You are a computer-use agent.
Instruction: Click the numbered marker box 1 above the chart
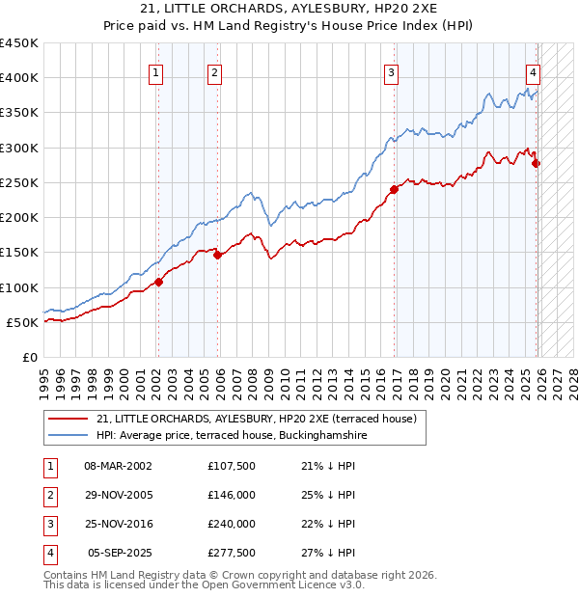tap(156, 71)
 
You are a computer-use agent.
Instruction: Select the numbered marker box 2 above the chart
tap(214, 71)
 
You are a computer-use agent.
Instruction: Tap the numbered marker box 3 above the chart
tap(391, 71)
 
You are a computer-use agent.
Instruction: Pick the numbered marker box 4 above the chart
tap(533, 71)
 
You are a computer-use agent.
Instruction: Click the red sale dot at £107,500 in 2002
tap(159, 282)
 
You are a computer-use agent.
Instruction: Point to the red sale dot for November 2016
tap(395, 189)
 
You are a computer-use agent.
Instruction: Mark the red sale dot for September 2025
tap(537, 164)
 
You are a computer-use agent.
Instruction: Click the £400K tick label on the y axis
tap(19, 78)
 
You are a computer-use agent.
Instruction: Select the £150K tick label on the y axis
tap(19, 253)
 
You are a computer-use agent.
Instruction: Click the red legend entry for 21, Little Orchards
tap(256, 419)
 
